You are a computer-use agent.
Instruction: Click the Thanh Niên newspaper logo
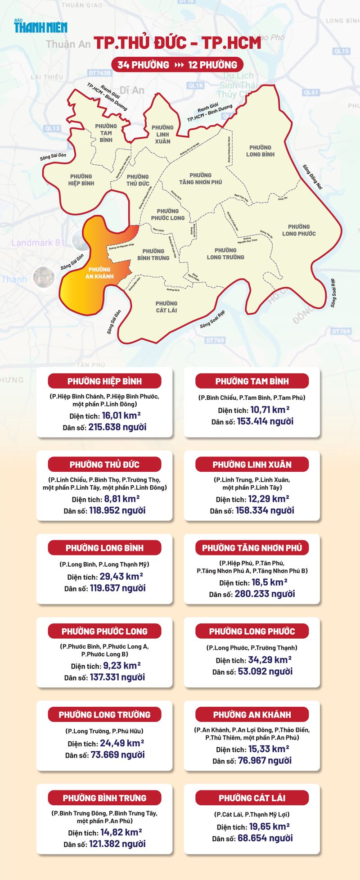pyautogui.click(x=40, y=26)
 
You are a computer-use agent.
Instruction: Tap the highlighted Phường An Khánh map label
pyautogui.click(x=99, y=273)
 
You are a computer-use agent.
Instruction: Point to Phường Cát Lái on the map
pyautogui.click(x=166, y=307)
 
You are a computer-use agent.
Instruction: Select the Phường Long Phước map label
pyautogui.click(x=299, y=230)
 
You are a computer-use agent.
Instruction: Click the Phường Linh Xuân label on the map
pyautogui.click(x=162, y=134)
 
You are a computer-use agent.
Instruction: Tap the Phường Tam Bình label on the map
pyautogui.click(x=106, y=133)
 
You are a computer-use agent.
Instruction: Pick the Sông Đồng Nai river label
pyautogui.click(x=313, y=176)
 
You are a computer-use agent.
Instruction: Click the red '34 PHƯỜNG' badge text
pyautogui.click(x=143, y=65)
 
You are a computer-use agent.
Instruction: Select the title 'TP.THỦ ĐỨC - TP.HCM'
pyautogui.click(x=177, y=43)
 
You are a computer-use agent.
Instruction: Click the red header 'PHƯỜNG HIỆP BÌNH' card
pyautogui.click(x=104, y=381)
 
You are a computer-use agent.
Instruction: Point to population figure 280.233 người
pyautogui.click(x=265, y=594)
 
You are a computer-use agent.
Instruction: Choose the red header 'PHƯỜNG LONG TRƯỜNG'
pyautogui.click(x=104, y=714)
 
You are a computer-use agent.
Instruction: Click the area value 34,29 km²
pyautogui.click(x=270, y=660)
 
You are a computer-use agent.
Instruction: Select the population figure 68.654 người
pyautogui.click(x=265, y=838)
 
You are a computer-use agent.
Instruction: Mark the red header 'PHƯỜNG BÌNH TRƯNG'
pyautogui.click(x=104, y=798)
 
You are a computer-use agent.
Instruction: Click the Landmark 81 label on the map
pyautogui.click(x=38, y=243)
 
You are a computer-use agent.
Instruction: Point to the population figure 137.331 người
pyautogui.click(x=117, y=677)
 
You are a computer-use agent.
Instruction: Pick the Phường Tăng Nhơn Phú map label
pyautogui.click(x=200, y=178)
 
